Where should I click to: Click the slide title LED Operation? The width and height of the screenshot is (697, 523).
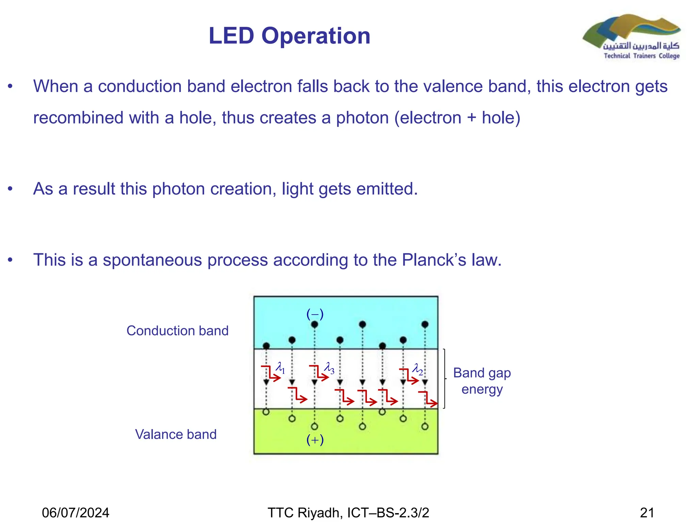tap(289, 36)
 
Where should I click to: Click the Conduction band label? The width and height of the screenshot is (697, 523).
tap(177, 331)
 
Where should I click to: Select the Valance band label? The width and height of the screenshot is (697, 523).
tap(176, 434)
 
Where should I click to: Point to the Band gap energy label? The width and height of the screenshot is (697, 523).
tap(482, 381)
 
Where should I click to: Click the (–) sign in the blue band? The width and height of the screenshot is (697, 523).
tap(315, 314)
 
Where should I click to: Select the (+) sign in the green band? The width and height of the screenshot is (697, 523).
tap(315, 440)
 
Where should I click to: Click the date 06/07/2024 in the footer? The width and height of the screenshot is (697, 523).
tap(76, 512)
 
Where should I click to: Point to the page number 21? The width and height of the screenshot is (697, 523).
tap(647, 512)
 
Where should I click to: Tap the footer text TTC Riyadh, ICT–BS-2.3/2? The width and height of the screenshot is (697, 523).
tap(348, 512)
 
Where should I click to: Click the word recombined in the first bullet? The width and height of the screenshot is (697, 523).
tap(78, 118)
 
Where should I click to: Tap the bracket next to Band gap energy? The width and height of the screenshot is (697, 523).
tap(444, 378)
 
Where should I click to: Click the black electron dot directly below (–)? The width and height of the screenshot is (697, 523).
tap(314, 324)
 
